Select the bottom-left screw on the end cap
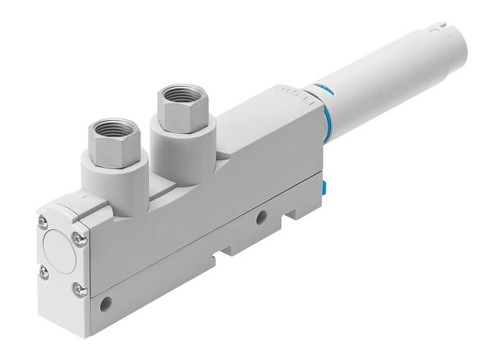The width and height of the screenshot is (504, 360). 45,271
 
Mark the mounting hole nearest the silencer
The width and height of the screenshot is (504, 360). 261,215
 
